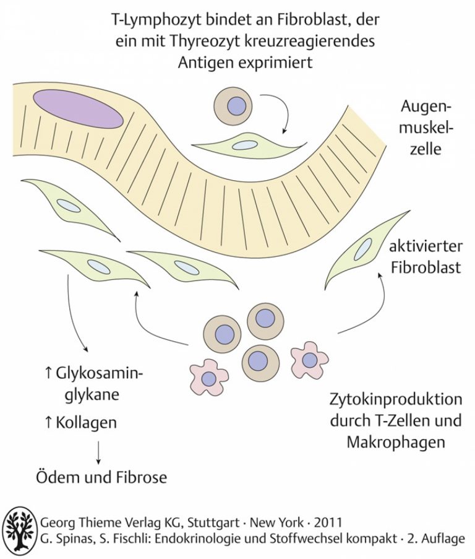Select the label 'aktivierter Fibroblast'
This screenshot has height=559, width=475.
(x=426, y=257)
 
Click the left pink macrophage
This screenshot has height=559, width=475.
(x=208, y=377)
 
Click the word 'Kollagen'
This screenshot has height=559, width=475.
(x=86, y=422)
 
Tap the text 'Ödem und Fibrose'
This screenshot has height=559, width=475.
(x=101, y=477)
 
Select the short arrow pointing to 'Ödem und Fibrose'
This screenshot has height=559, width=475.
(x=98, y=452)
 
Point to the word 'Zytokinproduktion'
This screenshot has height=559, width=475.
(x=396, y=399)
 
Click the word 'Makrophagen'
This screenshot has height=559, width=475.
(x=396, y=442)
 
